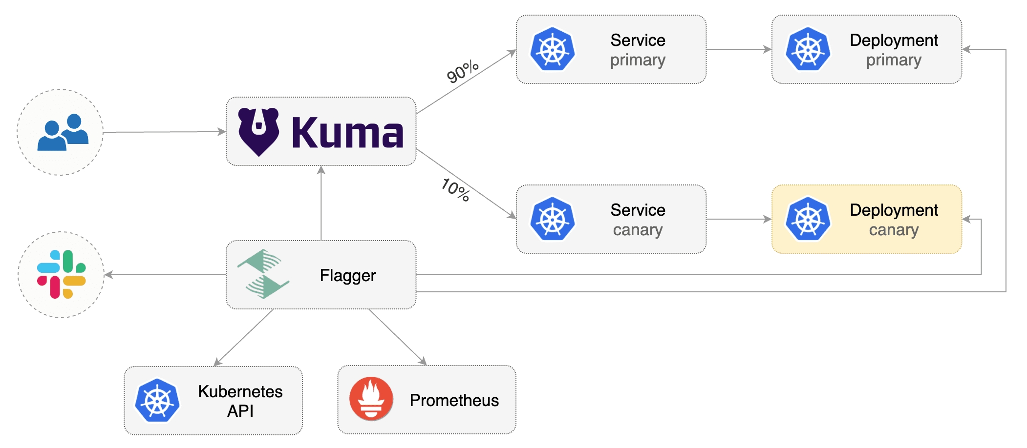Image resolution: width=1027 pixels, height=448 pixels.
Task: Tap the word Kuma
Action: pyautogui.click(x=347, y=132)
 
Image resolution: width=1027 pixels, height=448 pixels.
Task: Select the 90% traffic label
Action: pyautogui.click(x=462, y=72)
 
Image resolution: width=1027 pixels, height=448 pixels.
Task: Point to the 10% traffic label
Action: pyautogui.click(x=455, y=189)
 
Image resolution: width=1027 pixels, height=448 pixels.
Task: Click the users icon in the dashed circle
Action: pyautogui.click(x=63, y=132)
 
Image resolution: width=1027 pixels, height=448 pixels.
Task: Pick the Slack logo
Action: pyautogui.click(x=62, y=274)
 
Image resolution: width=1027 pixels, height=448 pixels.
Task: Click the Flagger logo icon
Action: pyautogui.click(x=263, y=274)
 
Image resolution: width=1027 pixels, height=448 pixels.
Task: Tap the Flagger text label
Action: pyautogui.click(x=347, y=276)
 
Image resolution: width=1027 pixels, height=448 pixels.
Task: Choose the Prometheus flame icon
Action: pyautogui.click(x=371, y=399)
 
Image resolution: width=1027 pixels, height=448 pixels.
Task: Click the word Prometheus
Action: pyautogui.click(x=454, y=400)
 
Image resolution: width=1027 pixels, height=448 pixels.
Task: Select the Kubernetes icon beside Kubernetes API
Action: pyautogui.click(x=157, y=400)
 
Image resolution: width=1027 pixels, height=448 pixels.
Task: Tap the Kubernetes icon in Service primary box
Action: pyautogui.click(x=553, y=49)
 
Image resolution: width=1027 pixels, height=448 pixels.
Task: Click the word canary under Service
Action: pyautogui.click(x=638, y=230)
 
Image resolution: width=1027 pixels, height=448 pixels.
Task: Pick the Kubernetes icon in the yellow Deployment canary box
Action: pyautogui.click(x=808, y=219)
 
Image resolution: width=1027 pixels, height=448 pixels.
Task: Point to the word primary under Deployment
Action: pyautogui.click(x=894, y=60)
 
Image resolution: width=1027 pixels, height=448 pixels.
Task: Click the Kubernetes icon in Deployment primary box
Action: pyautogui.click(x=808, y=49)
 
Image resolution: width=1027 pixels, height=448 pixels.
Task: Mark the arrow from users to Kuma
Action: pyautogui.click(x=164, y=132)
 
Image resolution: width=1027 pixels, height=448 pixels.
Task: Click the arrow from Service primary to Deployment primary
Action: pyautogui.click(x=739, y=49)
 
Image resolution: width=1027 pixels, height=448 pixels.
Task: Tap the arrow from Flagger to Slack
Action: pyautogui.click(x=165, y=275)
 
